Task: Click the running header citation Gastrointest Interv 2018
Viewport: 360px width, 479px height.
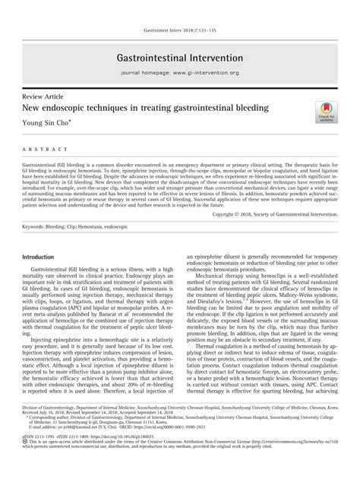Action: coord(179,9)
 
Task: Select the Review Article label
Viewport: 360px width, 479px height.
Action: coord(43,98)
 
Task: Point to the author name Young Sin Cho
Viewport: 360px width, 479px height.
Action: coord(52,124)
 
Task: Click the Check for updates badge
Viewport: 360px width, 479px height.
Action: coord(325,112)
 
